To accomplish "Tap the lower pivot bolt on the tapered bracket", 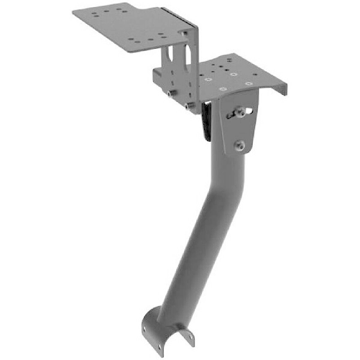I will (241, 146).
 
